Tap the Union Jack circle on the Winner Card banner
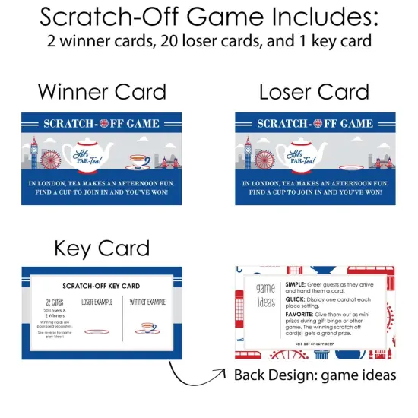pyautogui.click(x=103, y=123)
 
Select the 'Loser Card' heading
pyautogui.click(x=314, y=93)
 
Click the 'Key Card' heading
pyautogui.click(x=102, y=248)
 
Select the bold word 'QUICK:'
pyautogui.click(x=291, y=299)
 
